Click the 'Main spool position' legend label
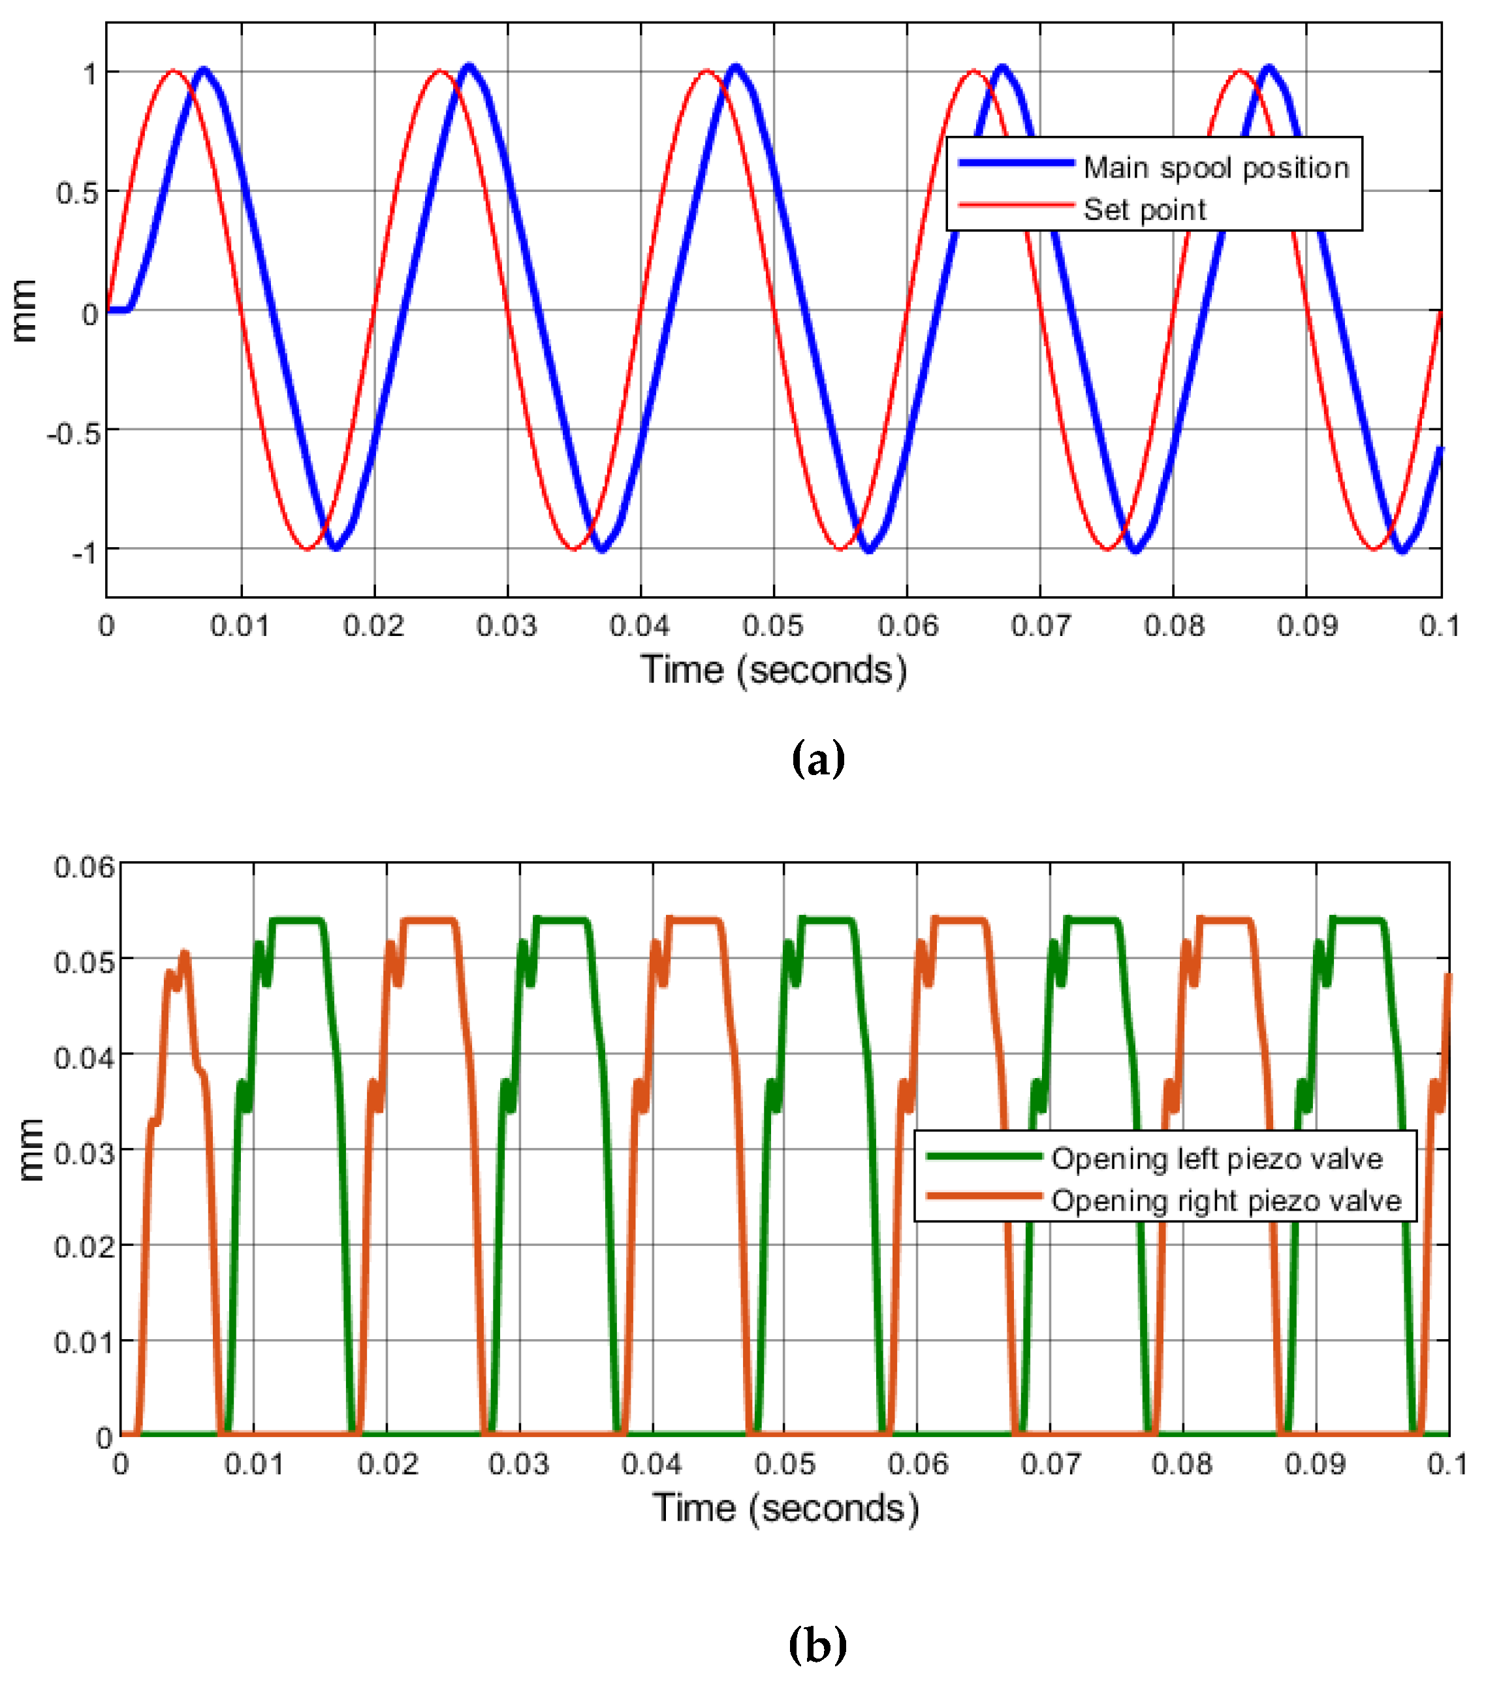pyautogui.click(x=1215, y=168)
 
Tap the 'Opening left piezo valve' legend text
pyautogui.click(x=1217, y=1158)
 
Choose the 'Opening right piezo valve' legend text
pyautogui.click(x=1226, y=1201)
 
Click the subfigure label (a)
pyautogui.click(x=817, y=759)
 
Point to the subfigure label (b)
pyautogui.click(x=817, y=1645)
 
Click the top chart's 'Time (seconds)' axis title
pyautogui.click(x=774, y=670)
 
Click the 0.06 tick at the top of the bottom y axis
pyautogui.click(x=85, y=867)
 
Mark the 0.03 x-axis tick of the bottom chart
pyautogui.click(x=518, y=1465)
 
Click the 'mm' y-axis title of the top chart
pyautogui.click(x=25, y=310)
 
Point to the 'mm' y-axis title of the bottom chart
pyautogui.click(x=31, y=1150)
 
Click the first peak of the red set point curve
pyautogui.click(x=173, y=72)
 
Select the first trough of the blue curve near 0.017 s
pyautogui.click(x=335, y=547)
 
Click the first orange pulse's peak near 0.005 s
pyautogui.click(x=184, y=954)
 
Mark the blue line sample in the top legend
pyautogui.click(x=1016, y=163)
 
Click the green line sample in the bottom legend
pyautogui.click(x=984, y=1156)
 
